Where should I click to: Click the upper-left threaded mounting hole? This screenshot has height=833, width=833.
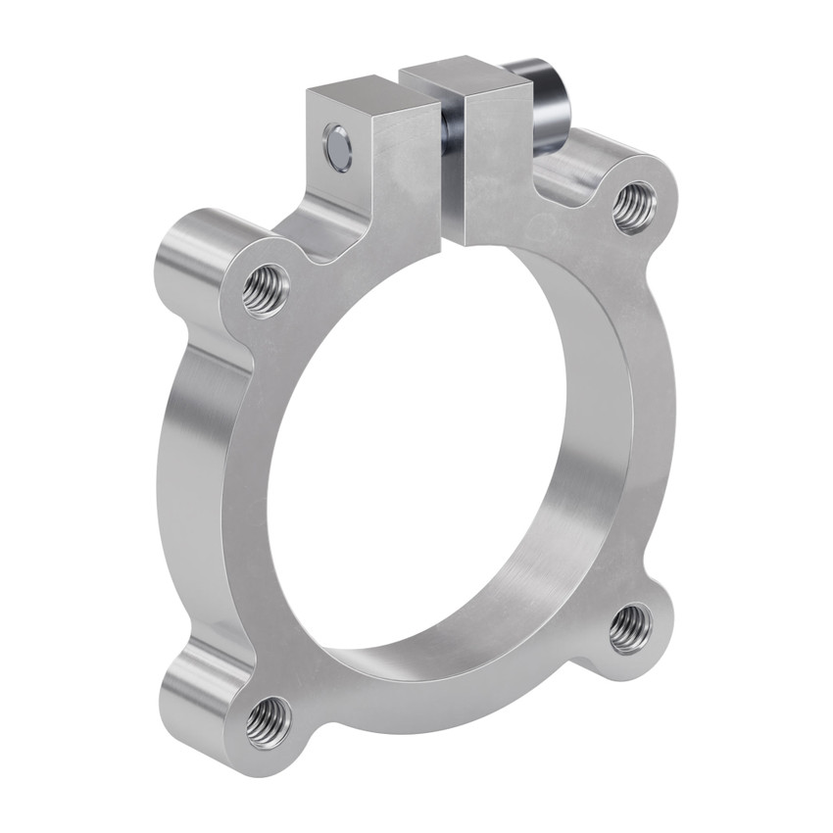pyautogui.click(x=266, y=290)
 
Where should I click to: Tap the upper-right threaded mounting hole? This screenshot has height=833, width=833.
pyautogui.click(x=634, y=207)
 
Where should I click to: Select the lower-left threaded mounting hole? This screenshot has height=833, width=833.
pyautogui.click(x=268, y=722)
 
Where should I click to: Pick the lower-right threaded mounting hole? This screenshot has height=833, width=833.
pyautogui.click(x=629, y=628)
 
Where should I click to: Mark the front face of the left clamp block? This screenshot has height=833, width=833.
pyautogui.click(x=397, y=176)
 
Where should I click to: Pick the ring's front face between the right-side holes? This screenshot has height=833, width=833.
pyautogui.click(x=652, y=412)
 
